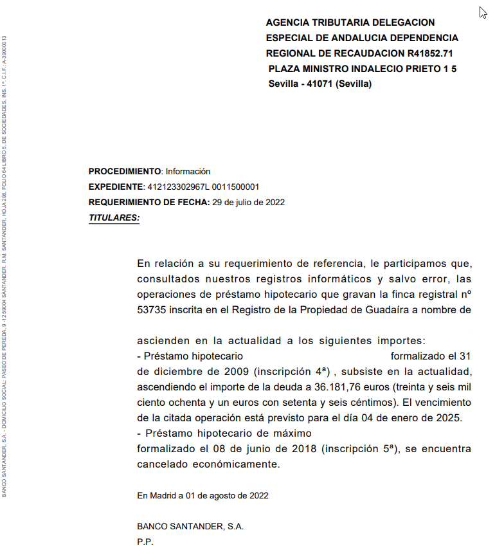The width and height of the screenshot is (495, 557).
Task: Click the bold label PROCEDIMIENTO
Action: [x=125, y=171]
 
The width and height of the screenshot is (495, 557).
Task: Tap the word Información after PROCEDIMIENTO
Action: [x=188, y=171]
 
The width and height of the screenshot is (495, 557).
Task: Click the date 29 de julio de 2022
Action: [x=248, y=202]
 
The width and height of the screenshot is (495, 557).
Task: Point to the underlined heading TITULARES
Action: [x=114, y=217]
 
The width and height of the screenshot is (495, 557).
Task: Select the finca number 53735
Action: [x=151, y=309]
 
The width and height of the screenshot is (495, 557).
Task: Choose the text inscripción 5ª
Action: [x=364, y=448]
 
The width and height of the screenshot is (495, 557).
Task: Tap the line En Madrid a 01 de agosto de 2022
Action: [x=203, y=495]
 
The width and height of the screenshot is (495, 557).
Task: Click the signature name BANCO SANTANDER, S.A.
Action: [x=190, y=526]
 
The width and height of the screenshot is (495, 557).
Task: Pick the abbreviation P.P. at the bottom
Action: [x=145, y=542]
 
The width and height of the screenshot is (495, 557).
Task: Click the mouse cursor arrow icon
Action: [x=483, y=12]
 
